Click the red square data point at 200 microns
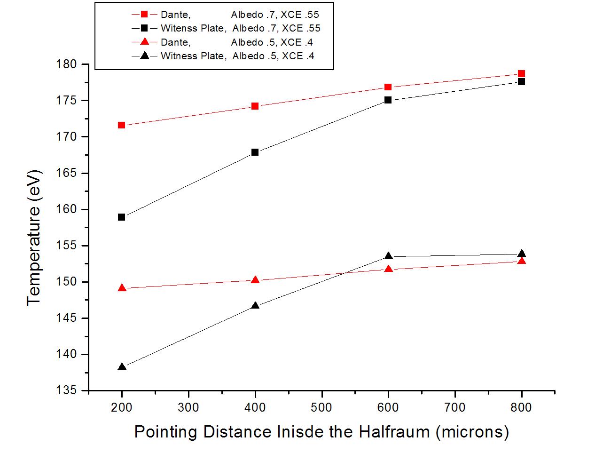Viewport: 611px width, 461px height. (121, 125)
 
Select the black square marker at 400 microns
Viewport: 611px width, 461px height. (255, 152)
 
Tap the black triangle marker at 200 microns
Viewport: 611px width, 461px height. (122, 366)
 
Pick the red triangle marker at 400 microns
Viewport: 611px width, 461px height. (255, 280)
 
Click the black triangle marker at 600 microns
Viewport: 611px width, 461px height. (388, 256)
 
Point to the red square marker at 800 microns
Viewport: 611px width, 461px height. (521, 74)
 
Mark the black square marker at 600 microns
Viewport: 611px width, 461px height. (388, 100)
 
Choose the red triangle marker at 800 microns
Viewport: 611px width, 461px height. (521, 261)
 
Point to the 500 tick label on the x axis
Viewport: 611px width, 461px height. (321, 406)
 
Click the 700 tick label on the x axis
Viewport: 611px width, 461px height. (455, 406)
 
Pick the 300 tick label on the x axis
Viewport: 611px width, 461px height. (188, 406)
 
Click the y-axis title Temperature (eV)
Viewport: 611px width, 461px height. (34, 238)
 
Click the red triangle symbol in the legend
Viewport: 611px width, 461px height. (145, 42)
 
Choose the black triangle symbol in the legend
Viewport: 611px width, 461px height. (145, 56)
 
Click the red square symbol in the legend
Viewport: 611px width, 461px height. (145, 15)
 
